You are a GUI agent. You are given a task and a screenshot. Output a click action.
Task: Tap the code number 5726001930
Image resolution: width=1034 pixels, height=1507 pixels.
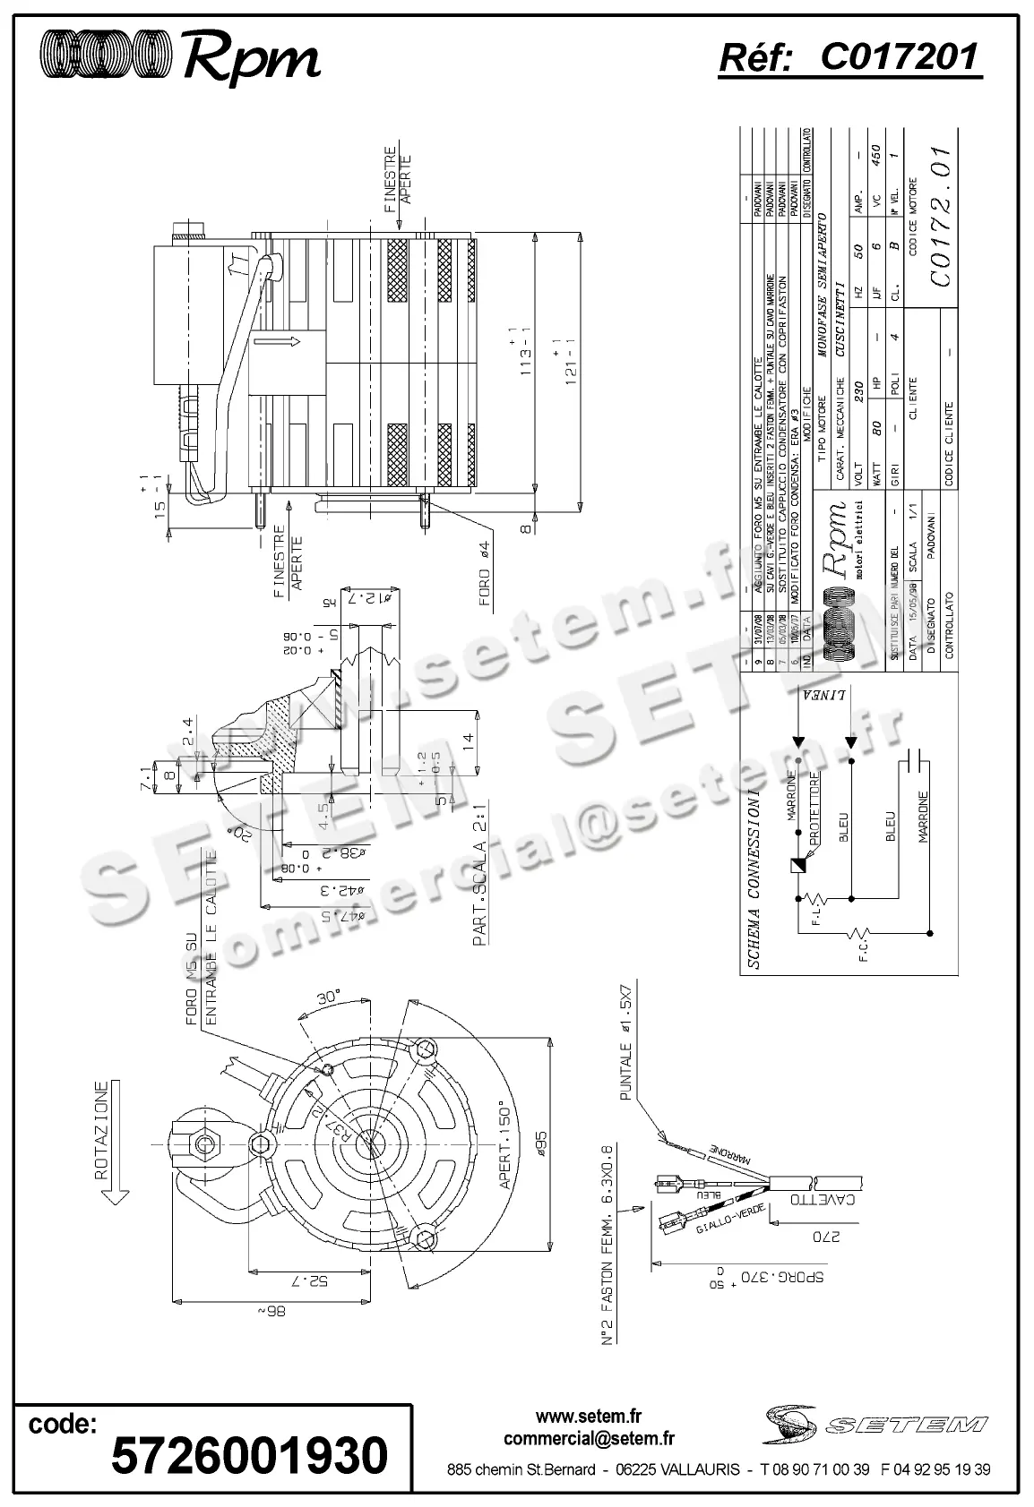pos(249,1454)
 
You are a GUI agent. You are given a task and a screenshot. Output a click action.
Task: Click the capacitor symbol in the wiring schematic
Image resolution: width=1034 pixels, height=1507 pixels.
pos(915,759)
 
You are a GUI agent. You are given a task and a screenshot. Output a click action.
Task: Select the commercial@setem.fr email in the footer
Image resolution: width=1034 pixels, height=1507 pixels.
pos(589,1439)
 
